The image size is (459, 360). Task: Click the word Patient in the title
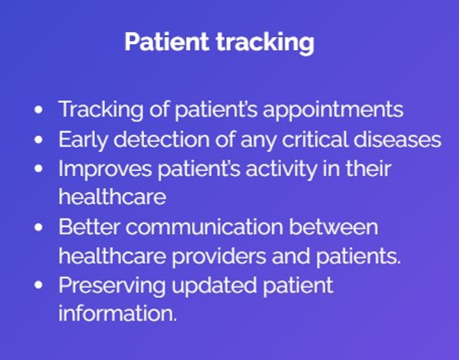167,42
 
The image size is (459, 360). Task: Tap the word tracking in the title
265,43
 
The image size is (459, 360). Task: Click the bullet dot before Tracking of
38,110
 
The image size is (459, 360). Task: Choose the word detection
161,139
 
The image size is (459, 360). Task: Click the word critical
315,139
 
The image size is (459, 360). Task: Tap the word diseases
397,139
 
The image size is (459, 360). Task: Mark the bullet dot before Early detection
38,139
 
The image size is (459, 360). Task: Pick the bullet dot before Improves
38,169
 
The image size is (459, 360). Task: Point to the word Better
89,227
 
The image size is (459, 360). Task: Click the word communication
204,227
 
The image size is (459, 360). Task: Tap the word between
333,227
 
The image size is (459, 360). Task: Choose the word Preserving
112,286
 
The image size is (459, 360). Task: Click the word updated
214,286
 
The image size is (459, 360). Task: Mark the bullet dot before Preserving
38,285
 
